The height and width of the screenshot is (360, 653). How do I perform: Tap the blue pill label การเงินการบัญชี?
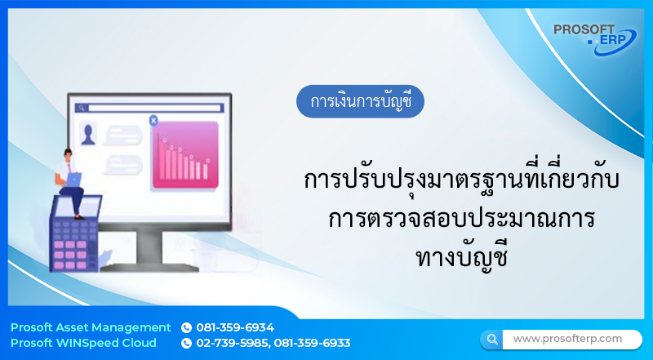(x=360, y=103)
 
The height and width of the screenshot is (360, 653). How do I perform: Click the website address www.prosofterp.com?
(x=567, y=338)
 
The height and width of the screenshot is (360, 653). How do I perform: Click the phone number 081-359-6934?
(x=235, y=327)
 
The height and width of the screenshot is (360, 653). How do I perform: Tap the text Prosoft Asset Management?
(x=91, y=327)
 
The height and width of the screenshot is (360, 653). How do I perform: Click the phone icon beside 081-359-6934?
(x=186, y=327)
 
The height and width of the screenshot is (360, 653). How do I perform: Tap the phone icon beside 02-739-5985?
(x=186, y=344)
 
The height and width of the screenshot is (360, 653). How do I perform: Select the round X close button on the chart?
(x=153, y=121)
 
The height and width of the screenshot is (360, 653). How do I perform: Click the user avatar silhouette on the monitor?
(x=88, y=132)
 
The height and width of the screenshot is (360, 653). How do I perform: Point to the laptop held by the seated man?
(x=73, y=178)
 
